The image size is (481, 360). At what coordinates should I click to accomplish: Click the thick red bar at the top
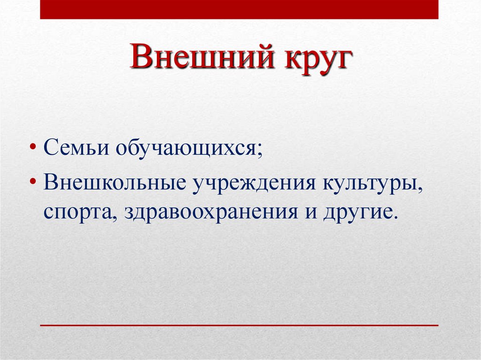click(239, 9)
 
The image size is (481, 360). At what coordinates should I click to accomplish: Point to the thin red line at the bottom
click(239, 325)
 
